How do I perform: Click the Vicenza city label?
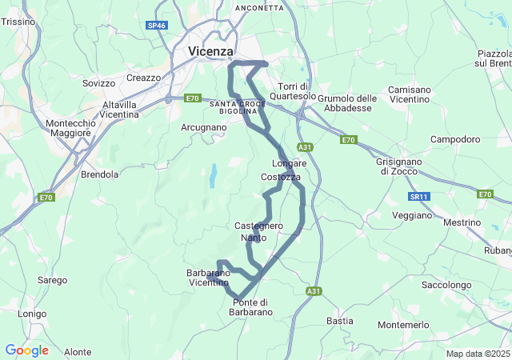click(x=211, y=51)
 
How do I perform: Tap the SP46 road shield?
click(x=158, y=26)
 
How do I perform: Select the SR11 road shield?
click(x=418, y=196)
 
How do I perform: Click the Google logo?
click(x=26, y=350)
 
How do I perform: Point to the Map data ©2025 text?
click(x=478, y=354)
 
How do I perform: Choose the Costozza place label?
click(x=281, y=176)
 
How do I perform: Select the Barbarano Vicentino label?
click(x=208, y=278)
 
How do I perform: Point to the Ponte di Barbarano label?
click(x=252, y=306)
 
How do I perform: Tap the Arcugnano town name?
click(x=204, y=127)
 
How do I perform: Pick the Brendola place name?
click(x=100, y=174)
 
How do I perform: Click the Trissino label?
click(x=18, y=22)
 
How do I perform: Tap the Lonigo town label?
click(x=32, y=314)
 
